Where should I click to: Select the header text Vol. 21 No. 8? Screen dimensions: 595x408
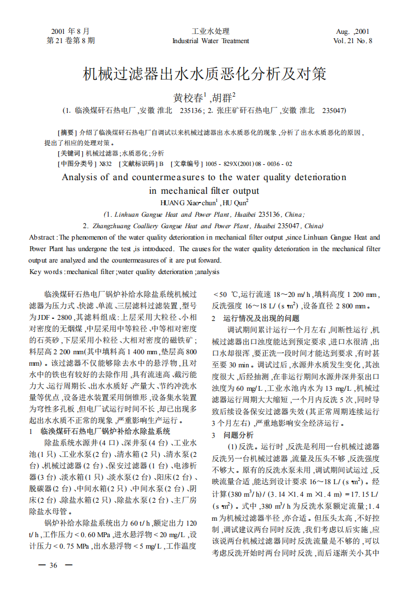(x=353, y=41)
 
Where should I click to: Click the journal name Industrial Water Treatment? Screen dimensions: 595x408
(x=211, y=41)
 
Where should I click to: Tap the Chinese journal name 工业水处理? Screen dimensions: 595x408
(x=211, y=31)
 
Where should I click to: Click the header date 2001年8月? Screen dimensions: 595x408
(x=70, y=31)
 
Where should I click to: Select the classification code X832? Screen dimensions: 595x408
(x=105, y=164)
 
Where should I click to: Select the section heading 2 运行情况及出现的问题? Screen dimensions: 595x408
(x=255, y=318)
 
